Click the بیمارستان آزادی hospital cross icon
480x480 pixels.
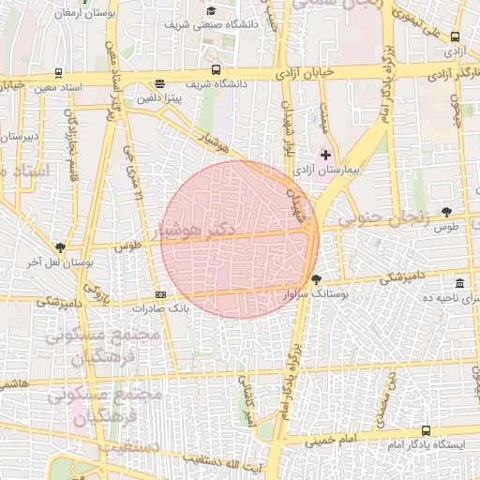coord(326,154)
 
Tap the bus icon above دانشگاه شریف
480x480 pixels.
coord(217,69)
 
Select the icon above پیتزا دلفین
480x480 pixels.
coord(159,83)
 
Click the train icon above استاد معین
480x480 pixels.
coord(60,73)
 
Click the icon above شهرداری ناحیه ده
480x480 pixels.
coord(458,283)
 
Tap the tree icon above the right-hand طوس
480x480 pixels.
coord(446,213)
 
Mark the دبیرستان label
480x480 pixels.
coord(19,137)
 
